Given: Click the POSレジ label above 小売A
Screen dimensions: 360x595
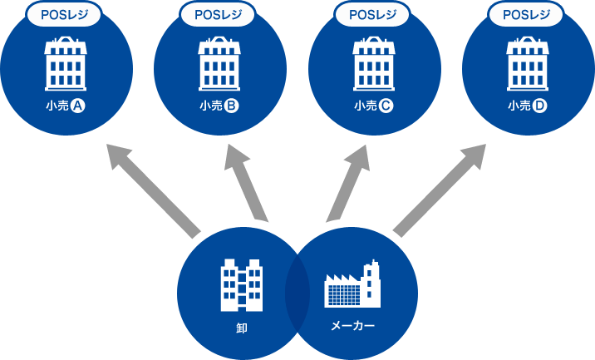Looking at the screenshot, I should click(x=66, y=14).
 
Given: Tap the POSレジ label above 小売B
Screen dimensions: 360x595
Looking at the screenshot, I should click(x=219, y=14).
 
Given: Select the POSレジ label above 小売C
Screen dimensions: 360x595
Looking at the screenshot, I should click(x=374, y=14).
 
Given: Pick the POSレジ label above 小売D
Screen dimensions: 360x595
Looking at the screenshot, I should click(x=528, y=14).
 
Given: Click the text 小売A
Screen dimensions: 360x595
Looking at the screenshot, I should click(x=66, y=106).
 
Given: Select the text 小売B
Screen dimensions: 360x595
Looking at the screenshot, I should click(x=219, y=106).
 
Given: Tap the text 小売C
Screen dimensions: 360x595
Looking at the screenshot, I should click(x=374, y=106).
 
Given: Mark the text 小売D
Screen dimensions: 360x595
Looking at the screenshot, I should click(x=528, y=106).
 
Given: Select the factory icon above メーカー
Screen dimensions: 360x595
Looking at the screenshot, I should click(x=351, y=284).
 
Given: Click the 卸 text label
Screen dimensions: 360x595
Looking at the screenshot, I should click(x=242, y=328).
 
